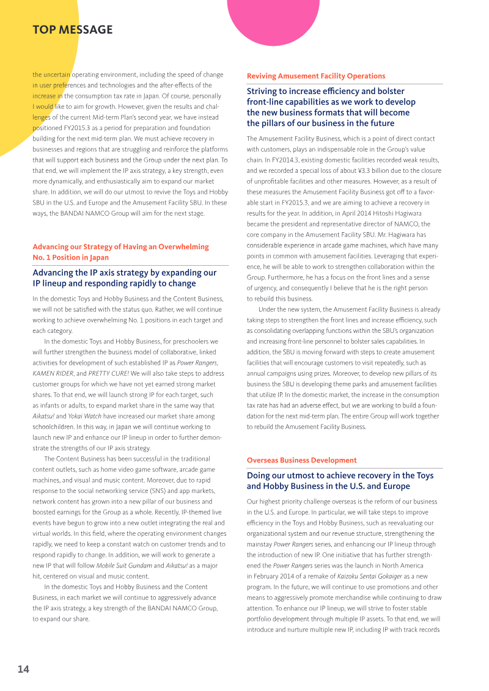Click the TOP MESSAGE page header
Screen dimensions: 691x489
tap(72, 30)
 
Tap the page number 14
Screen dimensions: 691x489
tap(23, 669)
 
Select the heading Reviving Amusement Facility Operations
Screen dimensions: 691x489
tap(315, 76)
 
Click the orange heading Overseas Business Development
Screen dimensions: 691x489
tap(301, 460)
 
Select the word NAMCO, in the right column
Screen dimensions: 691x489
tap(418, 224)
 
